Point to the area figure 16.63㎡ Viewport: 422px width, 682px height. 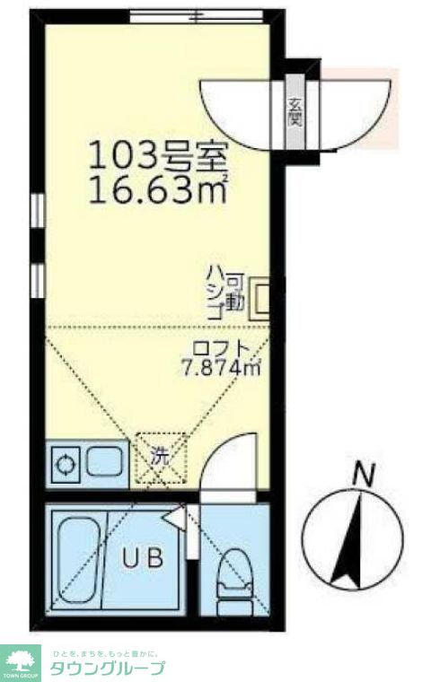158,190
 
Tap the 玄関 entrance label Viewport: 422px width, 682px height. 294,113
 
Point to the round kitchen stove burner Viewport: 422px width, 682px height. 66,465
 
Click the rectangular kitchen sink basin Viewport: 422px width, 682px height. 107,464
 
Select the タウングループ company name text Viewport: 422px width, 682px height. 108,668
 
